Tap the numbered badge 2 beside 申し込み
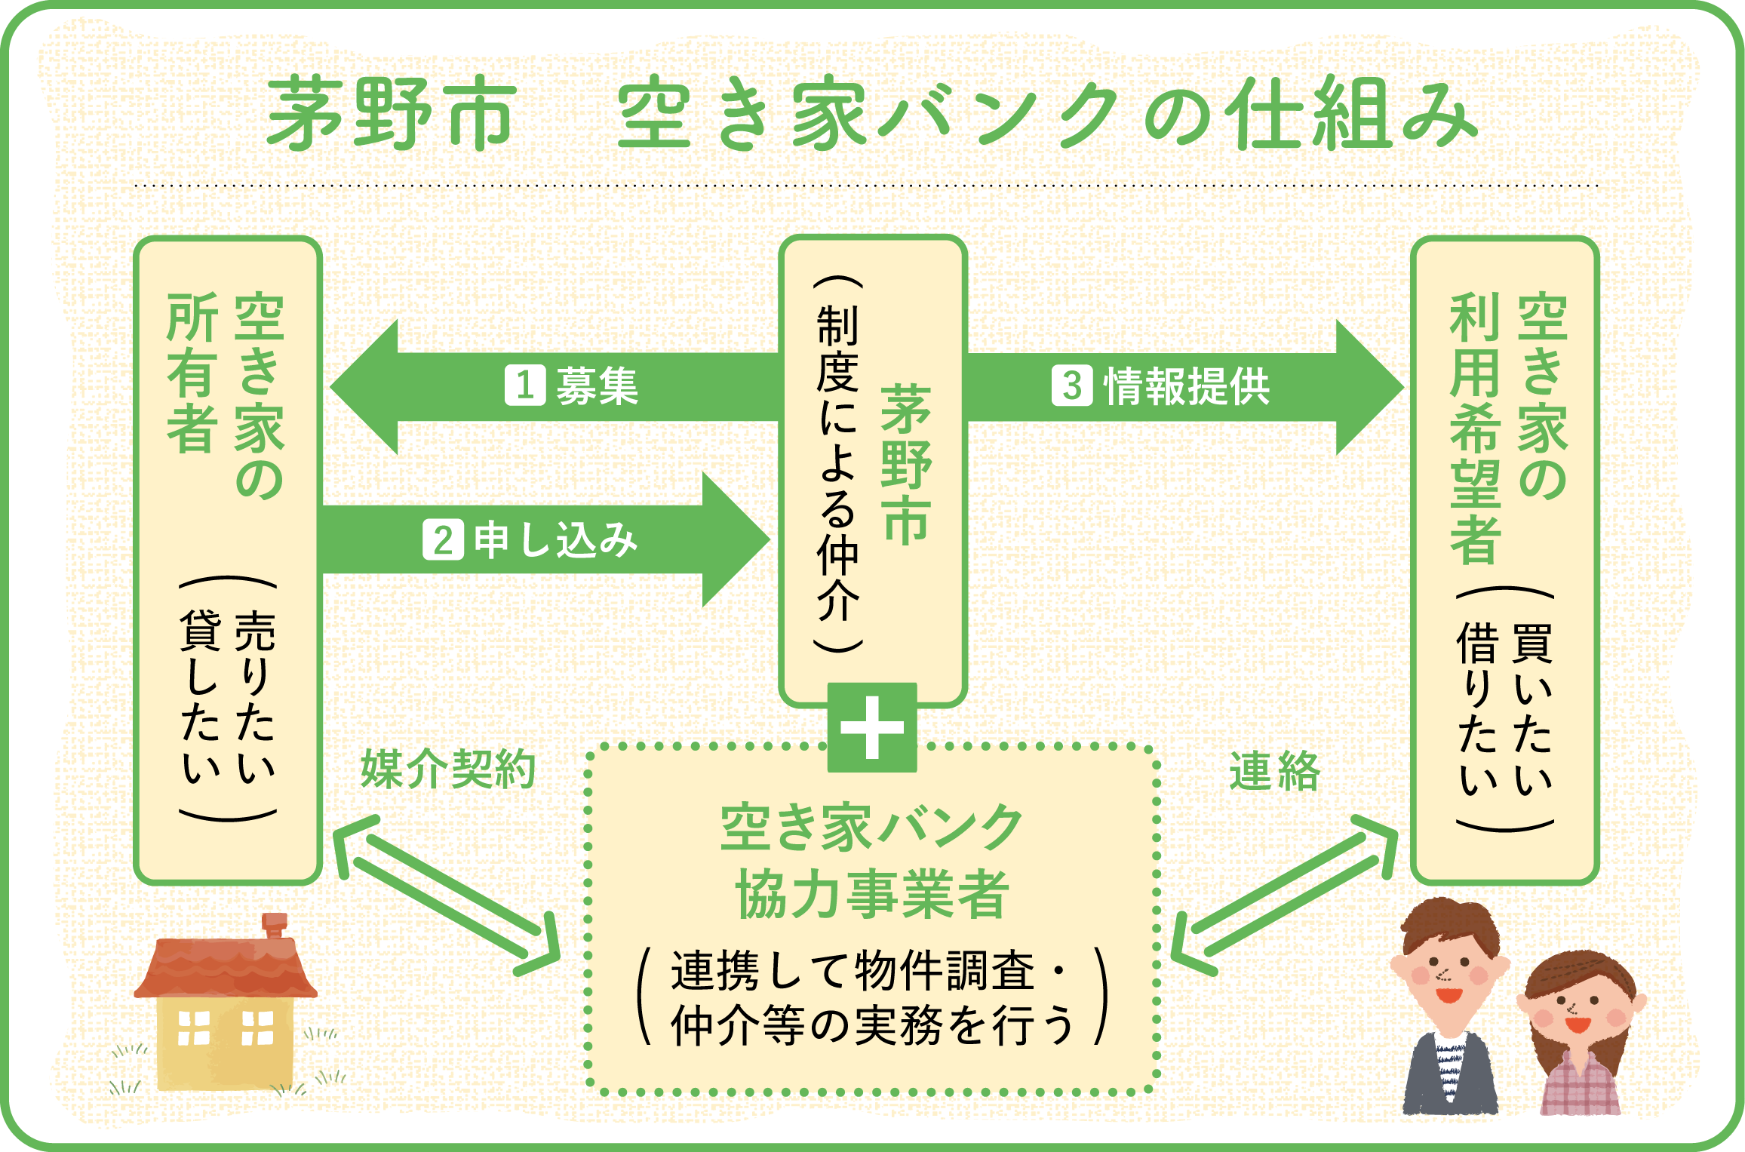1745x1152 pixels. [443, 540]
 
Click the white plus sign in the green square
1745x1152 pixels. [872, 727]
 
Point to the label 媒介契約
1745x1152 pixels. [448, 770]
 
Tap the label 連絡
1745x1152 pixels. [1274, 772]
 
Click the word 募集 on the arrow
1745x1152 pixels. [598, 386]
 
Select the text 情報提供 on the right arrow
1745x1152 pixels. [1187, 386]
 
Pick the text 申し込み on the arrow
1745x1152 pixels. [555, 540]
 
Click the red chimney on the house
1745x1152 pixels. [275, 925]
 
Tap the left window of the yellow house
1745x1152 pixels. [193, 1028]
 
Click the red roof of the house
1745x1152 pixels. [226, 969]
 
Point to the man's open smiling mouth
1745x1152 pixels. [1449, 995]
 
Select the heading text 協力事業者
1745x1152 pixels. [872, 894]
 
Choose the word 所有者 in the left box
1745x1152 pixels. [193, 373]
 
